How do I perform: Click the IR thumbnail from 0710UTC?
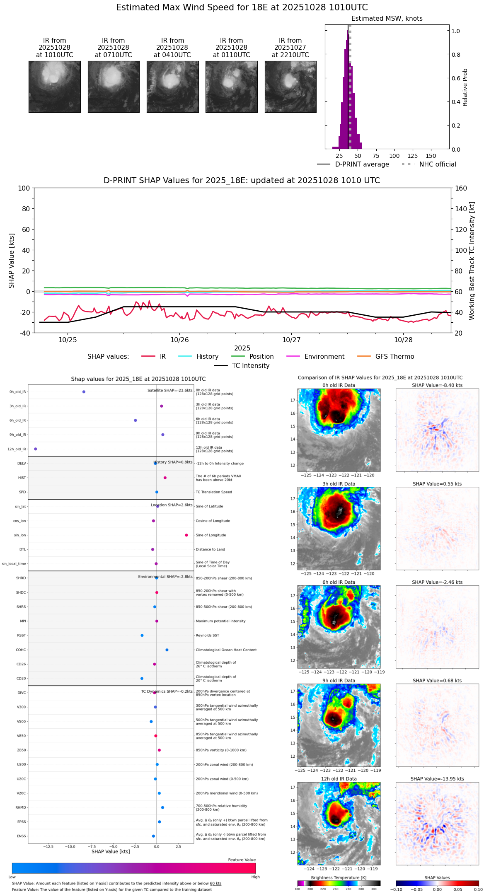pos(114,87)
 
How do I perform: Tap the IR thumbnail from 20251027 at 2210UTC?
pos(290,87)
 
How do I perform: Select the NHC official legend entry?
pos(438,164)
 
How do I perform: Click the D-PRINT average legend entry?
pos(362,164)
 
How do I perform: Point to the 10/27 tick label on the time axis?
pos(291,340)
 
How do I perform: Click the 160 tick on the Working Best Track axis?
pos(461,188)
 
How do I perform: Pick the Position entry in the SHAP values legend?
pos(261,357)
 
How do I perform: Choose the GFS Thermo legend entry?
pos(394,357)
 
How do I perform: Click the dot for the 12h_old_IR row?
pos(36,449)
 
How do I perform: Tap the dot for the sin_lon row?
pos(186,535)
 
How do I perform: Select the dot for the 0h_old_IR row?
pos(84,392)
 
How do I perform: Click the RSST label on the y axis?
pos(22,635)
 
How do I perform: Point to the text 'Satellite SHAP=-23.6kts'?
pos(170,391)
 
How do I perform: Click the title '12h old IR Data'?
pos(339,779)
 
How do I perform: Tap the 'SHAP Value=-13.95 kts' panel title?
pos(437,779)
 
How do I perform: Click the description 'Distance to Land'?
pos(210,550)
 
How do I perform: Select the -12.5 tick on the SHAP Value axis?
pos(48,847)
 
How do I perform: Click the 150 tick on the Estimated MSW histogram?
pos(431,156)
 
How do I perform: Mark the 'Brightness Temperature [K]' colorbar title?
pos(339,878)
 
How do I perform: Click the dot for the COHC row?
pos(167,650)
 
